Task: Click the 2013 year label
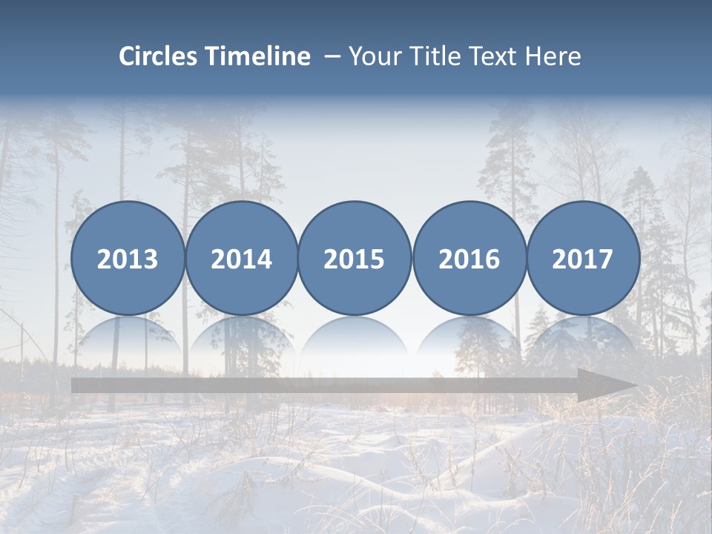[x=128, y=260]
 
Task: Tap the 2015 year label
[x=355, y=260]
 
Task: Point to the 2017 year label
[x=583, y=260]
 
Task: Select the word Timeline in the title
[x=259, y=56]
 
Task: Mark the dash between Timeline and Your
[x=332, y=57]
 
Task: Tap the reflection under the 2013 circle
[x=128, y=337]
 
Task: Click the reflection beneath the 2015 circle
[x=355, y=337]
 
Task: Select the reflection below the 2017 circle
[x=583, y=337]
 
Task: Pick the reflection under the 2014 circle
[x=242, y=337]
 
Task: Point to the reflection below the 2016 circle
[x=469, y=337]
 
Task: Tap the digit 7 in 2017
[x=605, y=260]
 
